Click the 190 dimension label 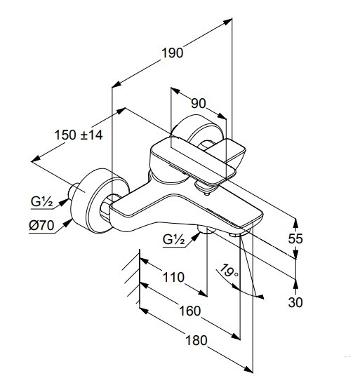[172, 53]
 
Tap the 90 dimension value [199, 103]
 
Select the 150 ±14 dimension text [79, 135]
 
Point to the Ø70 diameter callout [41, 225]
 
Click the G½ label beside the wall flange [41, 201]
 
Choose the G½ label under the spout [174, 239]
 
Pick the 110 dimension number [173, 277]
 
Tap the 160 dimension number [190, 311]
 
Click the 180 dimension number [196, 340]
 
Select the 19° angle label [229, 271]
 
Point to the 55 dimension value [295, 238]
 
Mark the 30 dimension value [295, 302]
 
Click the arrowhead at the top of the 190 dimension [227, 22]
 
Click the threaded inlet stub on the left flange [72, 191]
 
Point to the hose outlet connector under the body [206, 229]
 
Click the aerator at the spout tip [239, 233]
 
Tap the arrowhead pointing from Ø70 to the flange [68, 223]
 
